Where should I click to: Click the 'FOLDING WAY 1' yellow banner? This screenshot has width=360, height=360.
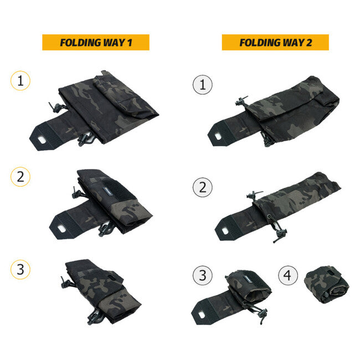(x=96, y=42)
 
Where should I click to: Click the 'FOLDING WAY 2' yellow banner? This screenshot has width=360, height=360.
(x=275, y=42)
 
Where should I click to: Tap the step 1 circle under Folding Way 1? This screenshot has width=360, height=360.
(x=20, y=81)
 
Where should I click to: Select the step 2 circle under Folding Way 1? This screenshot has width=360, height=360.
(x=20, y=177)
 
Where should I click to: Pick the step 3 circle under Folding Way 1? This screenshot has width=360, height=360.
(x=20, y=269)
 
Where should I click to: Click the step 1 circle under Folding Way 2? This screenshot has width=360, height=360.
(x=203, y=85)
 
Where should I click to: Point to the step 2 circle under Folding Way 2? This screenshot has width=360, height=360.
(x=203, y=187)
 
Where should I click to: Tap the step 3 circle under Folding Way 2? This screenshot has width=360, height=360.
(x=203, y=275)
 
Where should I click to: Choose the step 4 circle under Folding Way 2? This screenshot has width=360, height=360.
(x=288, y=275)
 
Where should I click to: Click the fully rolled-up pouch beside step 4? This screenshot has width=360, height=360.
(x=326, y=285)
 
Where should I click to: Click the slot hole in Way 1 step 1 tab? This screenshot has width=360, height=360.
(x=42, y=140)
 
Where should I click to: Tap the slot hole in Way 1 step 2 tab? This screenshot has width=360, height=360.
(x=61, y=228)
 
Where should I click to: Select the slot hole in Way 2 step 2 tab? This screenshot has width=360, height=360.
(x=225, y=231)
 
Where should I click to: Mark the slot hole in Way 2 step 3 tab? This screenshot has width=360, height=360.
(x=202, y=315)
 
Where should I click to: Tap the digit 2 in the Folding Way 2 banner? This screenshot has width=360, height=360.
(x=309, y=43)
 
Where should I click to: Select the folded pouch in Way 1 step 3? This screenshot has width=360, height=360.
(x=101, y=292)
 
